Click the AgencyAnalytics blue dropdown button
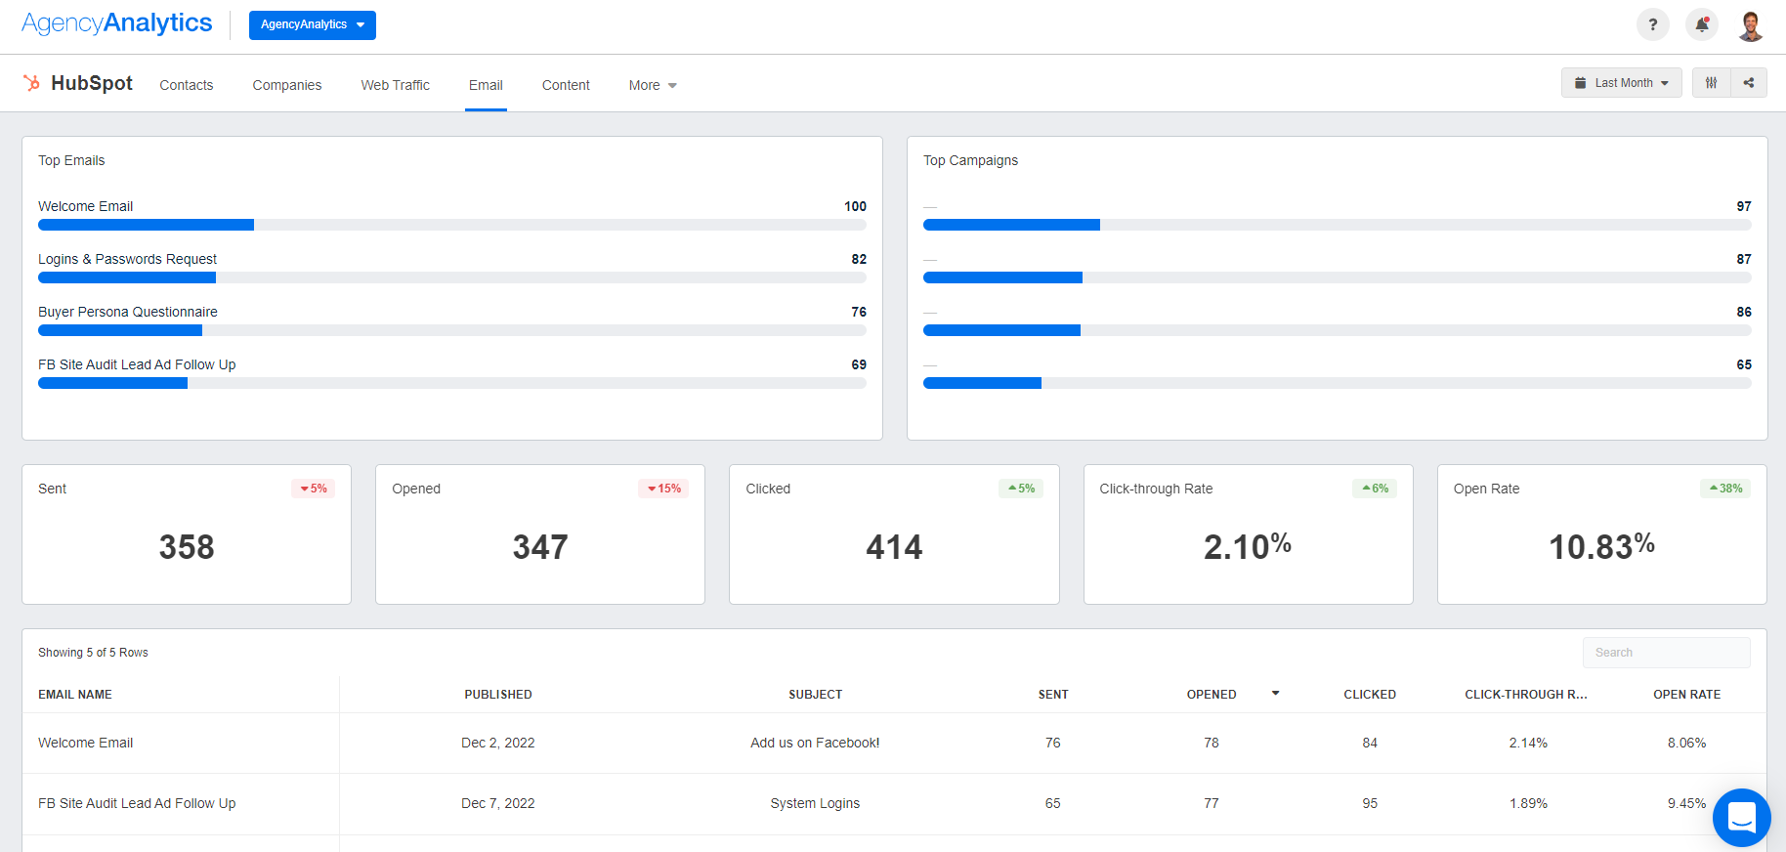click(x=312, y=25)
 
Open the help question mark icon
click(x=1652, y=25)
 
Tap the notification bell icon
click(x=1701, y=25)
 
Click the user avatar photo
click(x=1750, y=25)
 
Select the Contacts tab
click(x=186, y=85)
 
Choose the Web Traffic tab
click(x=395, y=85)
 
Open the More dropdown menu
click(x=652, y=85)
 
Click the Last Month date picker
click(x=1621, y=83)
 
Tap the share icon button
click(x=1748, y=83)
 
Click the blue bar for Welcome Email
click(x=146, y=225)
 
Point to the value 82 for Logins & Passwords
click(x=859, y=259)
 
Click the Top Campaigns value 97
click(x=1743, y=206)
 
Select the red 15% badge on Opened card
click(x=663, y=489)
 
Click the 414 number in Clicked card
click(x=893, y=547)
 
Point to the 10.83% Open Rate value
click(x=1600, y=547)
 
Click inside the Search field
click(x=1665, y=653)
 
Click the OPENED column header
click(x=1212, y=695)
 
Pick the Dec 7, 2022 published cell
click(x=497, y=803)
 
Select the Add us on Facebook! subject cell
click(x=814, y=743)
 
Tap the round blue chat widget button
click(x=1741, y=817)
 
